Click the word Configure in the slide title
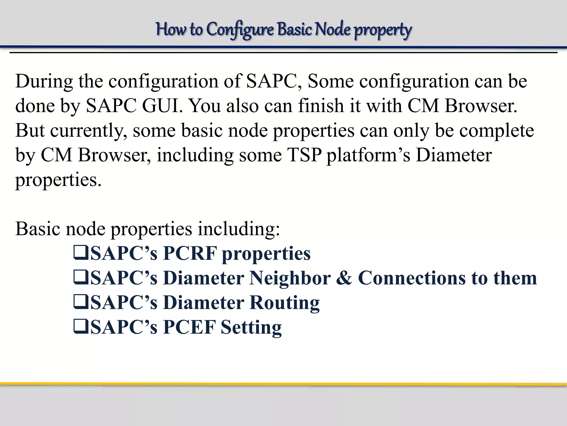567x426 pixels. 240,30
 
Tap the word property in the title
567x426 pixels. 383,31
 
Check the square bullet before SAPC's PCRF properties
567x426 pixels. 81,253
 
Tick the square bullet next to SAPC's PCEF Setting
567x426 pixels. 81,327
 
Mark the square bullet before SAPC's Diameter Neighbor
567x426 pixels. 81,278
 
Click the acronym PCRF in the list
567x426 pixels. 190,253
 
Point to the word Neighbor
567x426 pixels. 290,278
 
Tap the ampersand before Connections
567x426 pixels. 344,278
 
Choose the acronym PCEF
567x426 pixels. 189,327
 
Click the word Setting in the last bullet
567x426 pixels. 251,327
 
